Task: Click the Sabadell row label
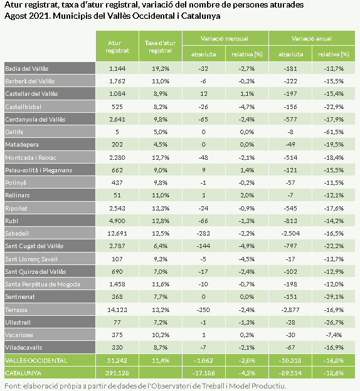coord(17,234)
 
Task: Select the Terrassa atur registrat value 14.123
coord(117,310)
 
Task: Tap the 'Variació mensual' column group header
coord(225,39)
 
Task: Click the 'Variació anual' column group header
coord(311,39)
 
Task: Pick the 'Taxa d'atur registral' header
coord(161,46)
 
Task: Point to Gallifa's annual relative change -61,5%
coord(334,132)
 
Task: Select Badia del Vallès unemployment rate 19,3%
coord(161,68)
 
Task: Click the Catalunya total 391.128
coord(117,373)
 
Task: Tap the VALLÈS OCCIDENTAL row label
coord(36,360)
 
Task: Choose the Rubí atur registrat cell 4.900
coord(117,221)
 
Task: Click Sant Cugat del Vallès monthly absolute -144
coord(203,246)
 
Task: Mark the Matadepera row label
coord(22,145)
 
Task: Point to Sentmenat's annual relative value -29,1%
coord(334,297)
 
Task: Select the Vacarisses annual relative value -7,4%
coord(334,335)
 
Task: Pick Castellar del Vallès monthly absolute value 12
coord(204,94)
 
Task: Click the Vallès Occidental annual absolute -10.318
coord(290,360)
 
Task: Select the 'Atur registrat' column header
coord(117,46)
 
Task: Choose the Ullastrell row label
coord(18,323)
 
